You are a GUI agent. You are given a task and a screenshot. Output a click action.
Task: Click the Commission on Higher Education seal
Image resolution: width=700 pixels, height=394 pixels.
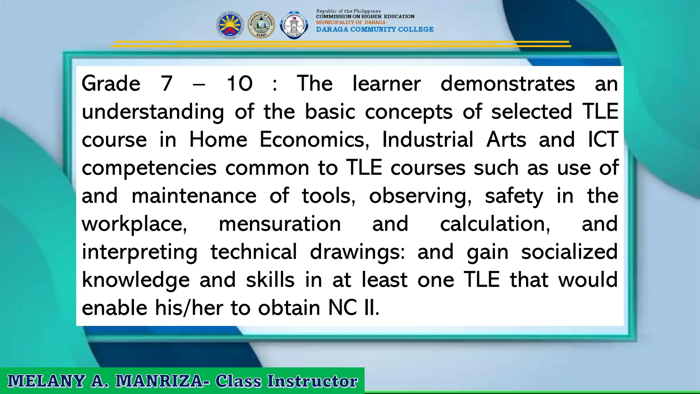tap(230, 25)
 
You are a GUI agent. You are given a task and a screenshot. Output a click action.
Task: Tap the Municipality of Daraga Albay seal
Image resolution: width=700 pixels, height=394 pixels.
tap(261, 25)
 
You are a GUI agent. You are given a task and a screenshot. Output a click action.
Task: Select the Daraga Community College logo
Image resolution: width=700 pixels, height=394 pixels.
tap(294, 25)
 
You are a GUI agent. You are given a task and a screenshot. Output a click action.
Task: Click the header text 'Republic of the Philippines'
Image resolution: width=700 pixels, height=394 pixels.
tap(348, 11)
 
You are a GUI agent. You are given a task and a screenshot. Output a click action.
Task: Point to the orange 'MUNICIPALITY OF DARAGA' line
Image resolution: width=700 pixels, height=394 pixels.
tap(351, 22)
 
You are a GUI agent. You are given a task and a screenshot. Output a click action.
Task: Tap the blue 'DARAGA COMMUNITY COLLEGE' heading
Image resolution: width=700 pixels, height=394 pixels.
tap(375, 29)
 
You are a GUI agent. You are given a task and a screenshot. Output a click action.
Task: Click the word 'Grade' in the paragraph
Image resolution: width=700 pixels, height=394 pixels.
tap(111, 83)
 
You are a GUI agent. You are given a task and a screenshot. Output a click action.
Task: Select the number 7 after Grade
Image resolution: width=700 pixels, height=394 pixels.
tap(166, 83)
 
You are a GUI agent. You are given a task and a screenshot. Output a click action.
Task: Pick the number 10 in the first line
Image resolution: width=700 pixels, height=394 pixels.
tap(240, 83)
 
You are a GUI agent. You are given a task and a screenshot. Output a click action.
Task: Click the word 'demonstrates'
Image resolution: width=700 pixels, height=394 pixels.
tap(508, 83)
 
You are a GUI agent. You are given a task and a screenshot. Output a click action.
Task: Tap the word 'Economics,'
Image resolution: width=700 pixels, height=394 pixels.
tap(314, 140)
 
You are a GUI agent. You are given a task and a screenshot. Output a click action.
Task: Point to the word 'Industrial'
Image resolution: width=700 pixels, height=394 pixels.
tap(428, 140)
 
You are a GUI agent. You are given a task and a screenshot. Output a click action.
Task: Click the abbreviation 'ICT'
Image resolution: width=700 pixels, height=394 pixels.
tap(603, 140)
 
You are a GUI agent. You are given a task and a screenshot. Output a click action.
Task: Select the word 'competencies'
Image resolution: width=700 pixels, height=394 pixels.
tap(149, 168)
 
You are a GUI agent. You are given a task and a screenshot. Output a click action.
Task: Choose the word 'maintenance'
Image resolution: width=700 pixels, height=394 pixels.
tap(194, 196)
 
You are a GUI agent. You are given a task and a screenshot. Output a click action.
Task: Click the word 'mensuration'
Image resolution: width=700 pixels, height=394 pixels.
tap(280, 224)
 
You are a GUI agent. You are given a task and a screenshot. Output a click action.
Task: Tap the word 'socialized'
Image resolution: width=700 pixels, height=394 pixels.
tap(569, 252)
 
